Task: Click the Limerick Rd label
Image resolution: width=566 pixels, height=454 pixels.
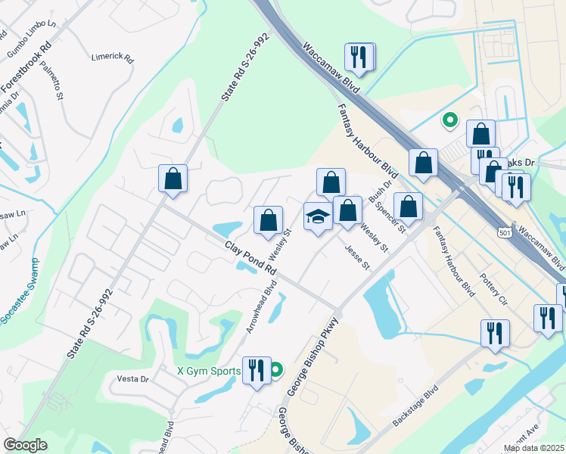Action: (x=112, y=58)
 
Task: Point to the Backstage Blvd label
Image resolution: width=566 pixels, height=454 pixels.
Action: (x=415, y=406)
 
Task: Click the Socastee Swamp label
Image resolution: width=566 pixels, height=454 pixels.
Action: (x=20, y=292)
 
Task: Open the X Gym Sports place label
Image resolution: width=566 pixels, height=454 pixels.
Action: (x=209, y=371)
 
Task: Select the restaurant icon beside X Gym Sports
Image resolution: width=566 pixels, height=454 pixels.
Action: (x=257, y=371)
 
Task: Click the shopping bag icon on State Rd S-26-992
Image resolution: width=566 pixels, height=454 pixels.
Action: (x=173, y=179)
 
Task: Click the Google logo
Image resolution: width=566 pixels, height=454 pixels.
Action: (x=25, y=445)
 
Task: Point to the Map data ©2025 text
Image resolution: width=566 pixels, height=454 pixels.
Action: (x=533, y=448)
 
